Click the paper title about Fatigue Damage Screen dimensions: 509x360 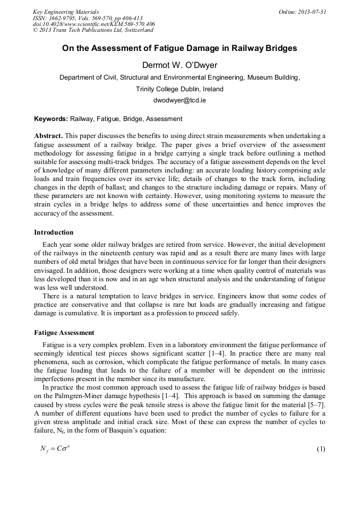179,48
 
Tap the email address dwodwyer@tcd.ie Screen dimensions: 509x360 179,100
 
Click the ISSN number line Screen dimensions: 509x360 88,18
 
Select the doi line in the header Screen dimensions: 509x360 94,24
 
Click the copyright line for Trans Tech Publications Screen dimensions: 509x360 92,30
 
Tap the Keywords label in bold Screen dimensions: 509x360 51,119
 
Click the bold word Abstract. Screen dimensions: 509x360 48,136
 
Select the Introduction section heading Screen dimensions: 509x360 54,232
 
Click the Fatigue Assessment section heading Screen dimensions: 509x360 64,333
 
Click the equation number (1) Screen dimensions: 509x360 321,449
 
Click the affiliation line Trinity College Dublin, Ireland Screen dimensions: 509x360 179,89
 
